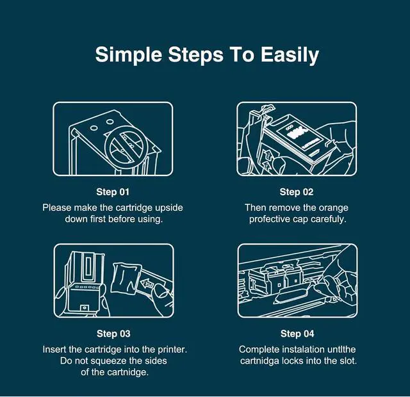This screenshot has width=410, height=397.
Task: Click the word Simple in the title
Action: coord(128,55)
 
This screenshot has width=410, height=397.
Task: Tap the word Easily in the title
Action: coord(290,55)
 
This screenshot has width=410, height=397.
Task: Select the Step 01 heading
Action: coord(113,192)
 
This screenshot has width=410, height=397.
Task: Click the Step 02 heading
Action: coord(297,192)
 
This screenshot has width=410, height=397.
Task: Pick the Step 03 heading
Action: coord(113,334)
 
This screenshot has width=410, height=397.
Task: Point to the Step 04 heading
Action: coord(297,334)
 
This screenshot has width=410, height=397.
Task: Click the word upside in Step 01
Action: coord(169,208)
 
